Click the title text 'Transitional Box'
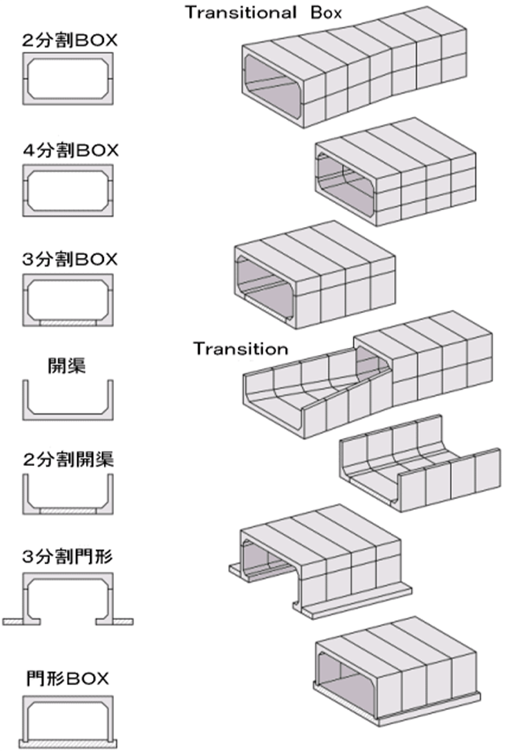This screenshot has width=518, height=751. [x=263, y=12]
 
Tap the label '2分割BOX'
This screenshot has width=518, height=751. [x=70, y=40]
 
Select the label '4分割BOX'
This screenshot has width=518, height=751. [x=70, y=150]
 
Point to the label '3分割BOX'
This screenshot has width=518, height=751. [x=70, y=259]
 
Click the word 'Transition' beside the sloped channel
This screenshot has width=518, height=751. [x=240, y=349]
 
